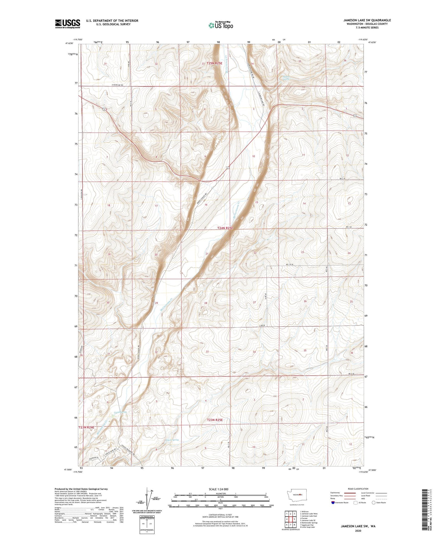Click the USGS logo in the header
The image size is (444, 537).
coord(67,23)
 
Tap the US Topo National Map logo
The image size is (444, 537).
coord(221,25)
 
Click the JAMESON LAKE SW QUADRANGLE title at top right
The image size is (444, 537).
coord(367,20)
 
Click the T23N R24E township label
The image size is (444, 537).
coord(86,427)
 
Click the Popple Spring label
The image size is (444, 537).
coord(172,440)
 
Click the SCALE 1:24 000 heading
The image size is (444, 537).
coord(218,489)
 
